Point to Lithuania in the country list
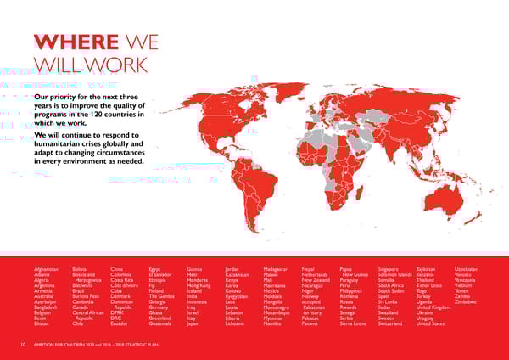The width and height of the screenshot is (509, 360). tap(238, 323)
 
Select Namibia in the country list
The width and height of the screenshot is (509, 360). tap(275, 323)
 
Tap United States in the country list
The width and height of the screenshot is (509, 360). tap(431, 323)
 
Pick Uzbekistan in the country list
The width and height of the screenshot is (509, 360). tap(470, 270)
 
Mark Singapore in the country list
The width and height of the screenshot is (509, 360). tap(393, 270)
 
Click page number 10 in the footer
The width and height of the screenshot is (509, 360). tap(23, 344)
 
